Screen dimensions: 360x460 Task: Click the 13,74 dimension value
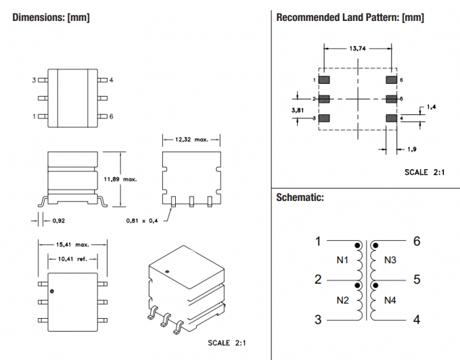coord(358,49)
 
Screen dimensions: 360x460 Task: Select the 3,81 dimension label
coord(298,109)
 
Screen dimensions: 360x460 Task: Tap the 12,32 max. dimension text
coord(191,139)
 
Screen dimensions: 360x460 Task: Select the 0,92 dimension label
coord(58,220)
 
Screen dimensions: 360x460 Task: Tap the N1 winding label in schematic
coord(342,261)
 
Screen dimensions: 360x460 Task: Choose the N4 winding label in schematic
coord(390,300)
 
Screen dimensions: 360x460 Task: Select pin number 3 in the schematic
coord(317,320)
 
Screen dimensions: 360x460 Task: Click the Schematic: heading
coord(300,198)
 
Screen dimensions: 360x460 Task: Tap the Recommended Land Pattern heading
coord(350,18)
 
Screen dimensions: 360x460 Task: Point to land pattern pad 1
coord(323,80)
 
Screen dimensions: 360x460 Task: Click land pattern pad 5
coord(390,99)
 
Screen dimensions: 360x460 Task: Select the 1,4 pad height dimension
coord(432,107)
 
